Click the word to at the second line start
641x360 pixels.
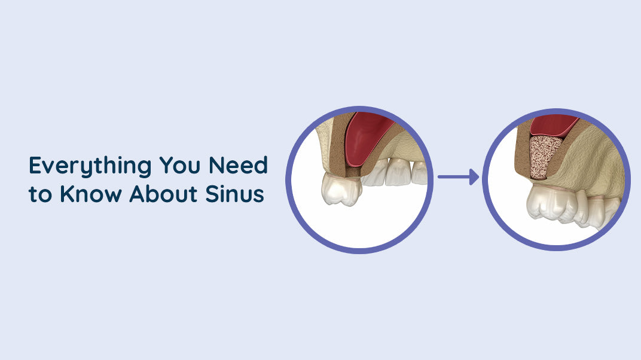pyautogui.click(x=40, y=196)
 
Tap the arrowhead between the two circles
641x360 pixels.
pyautogui.click(x=474, y=177)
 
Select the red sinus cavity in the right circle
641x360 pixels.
pyautogui.click(x=553, y=124)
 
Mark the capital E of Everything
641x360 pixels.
pyautogui.click(x=35, y=166)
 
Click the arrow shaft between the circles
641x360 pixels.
pyautogui.click(x=451, y=177)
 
